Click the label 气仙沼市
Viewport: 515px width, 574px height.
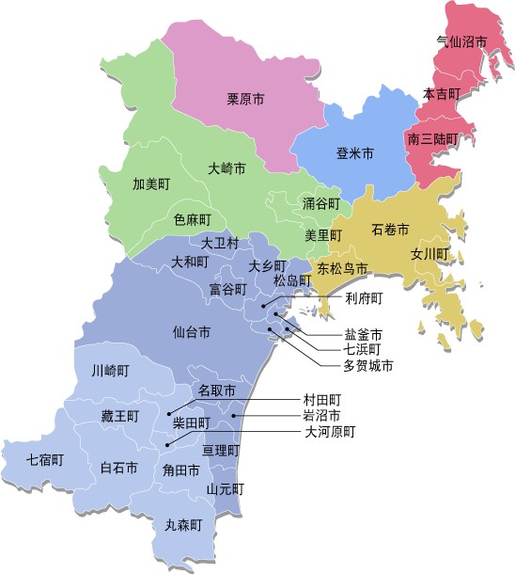point(462,42)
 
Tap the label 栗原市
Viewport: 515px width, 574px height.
point(245,97)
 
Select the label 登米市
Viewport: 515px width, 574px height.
point(355,152)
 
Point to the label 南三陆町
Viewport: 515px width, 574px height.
point(433,138)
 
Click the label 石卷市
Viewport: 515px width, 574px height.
point(390,230)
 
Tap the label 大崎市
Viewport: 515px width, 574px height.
point(226,169)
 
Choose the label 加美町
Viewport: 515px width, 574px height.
point(151,183)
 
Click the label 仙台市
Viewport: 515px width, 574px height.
point(192,332)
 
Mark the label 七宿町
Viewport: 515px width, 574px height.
point(45,460)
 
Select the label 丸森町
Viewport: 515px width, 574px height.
point(183,526)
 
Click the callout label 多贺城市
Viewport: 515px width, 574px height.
point(367,365)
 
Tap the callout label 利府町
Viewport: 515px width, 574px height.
point(365,299)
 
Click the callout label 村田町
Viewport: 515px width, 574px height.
point(322,399)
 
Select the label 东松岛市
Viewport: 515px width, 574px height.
point(342,269)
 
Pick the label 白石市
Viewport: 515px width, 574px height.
point(119,468)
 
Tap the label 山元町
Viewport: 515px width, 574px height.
point(226,489)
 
